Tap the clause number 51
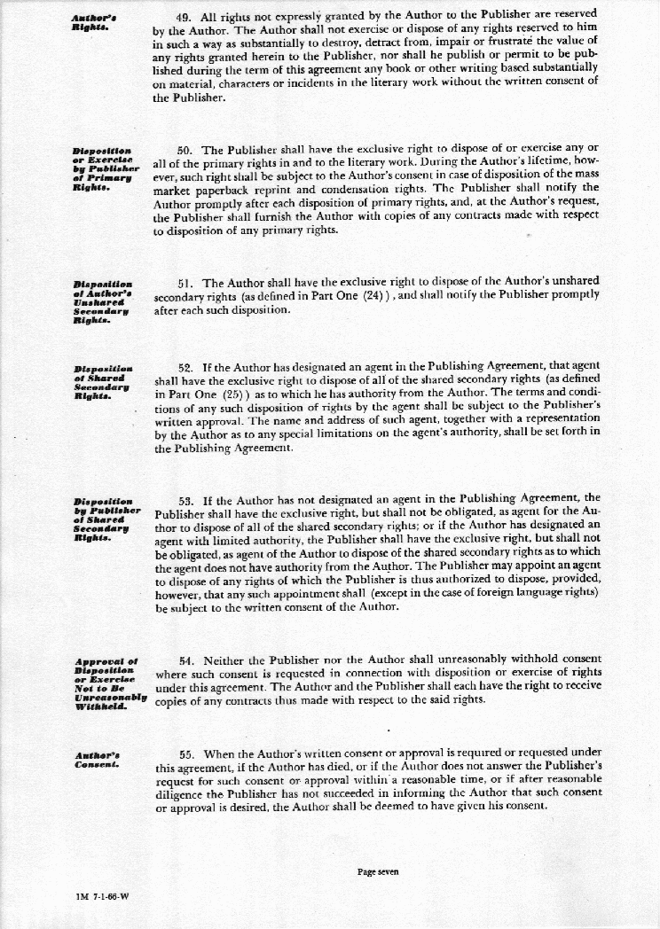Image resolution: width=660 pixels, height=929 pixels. tap(185, 283)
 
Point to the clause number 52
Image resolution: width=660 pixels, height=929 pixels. tap(185, 365)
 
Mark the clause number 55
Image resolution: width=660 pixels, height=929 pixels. tap(185, 753)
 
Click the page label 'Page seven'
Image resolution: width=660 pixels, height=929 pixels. tap(378, 871)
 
